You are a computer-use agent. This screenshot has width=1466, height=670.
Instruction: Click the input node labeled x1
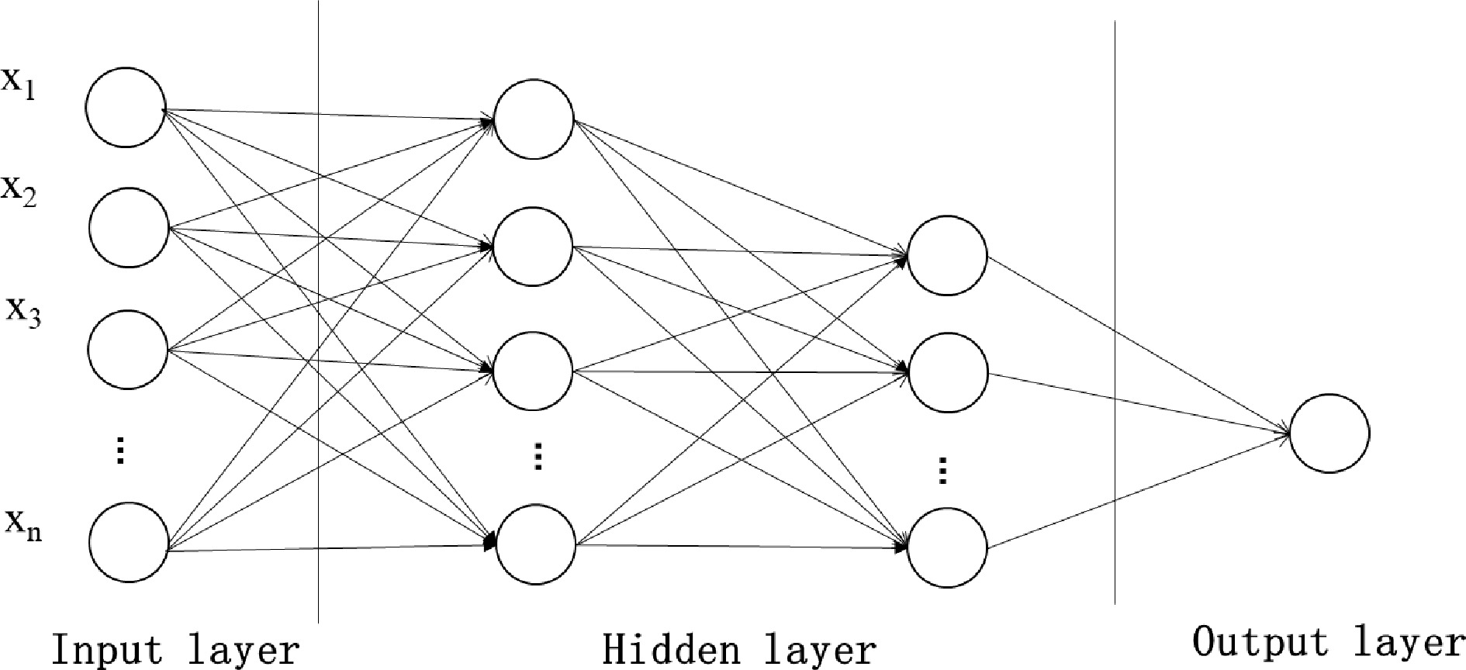(x=126, y=107)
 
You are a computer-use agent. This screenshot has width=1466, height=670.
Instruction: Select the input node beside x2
(x=129, y=228)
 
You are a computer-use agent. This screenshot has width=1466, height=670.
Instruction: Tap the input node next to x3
(x=128, y=349)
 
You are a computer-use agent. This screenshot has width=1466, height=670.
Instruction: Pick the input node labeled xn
(x=130, y=541)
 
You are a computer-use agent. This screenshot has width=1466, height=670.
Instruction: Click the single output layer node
(x=1329, y=433)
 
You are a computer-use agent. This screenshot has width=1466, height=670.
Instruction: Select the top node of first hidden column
(x=534, y=119)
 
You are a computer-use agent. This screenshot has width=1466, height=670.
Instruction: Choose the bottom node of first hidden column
(x=536, y=544)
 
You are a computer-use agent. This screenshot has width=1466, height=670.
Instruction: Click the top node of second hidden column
(x=947, y=256)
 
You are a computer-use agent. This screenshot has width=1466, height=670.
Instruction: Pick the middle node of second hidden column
(x=948, y=373)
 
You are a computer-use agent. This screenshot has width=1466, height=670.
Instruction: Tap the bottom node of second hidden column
(x=948, y=547)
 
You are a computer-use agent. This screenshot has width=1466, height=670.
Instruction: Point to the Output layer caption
(x=1328, y=642)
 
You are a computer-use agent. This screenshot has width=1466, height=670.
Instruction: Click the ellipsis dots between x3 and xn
(x=120, y=450)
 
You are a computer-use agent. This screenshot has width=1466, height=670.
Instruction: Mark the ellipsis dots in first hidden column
(x=538, y=456)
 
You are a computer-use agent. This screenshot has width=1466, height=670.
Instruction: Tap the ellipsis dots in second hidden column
(x=943, y=470)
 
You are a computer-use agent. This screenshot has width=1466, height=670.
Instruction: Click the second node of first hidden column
(x=533, y=247)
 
